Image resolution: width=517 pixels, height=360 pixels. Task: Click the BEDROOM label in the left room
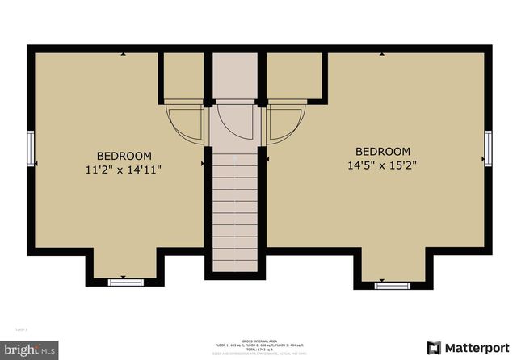tap(124, 156)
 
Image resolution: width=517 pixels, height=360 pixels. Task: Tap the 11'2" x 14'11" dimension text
tap(124, 170)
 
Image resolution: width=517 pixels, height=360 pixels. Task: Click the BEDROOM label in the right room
tap(383, 152)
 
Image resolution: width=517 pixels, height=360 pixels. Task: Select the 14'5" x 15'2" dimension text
tap(383, 165)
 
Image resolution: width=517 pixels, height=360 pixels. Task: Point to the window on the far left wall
tap(31, 149)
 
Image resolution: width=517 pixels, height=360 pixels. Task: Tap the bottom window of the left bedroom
tap(125, 282)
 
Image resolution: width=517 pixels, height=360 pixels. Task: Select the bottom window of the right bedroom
tap(392, 284)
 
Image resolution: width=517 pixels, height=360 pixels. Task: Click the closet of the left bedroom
tap(184, 76)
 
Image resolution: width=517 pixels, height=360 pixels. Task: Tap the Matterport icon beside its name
tap(434, 348)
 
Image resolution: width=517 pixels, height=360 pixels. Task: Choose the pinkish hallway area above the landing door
tap(236, 77)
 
